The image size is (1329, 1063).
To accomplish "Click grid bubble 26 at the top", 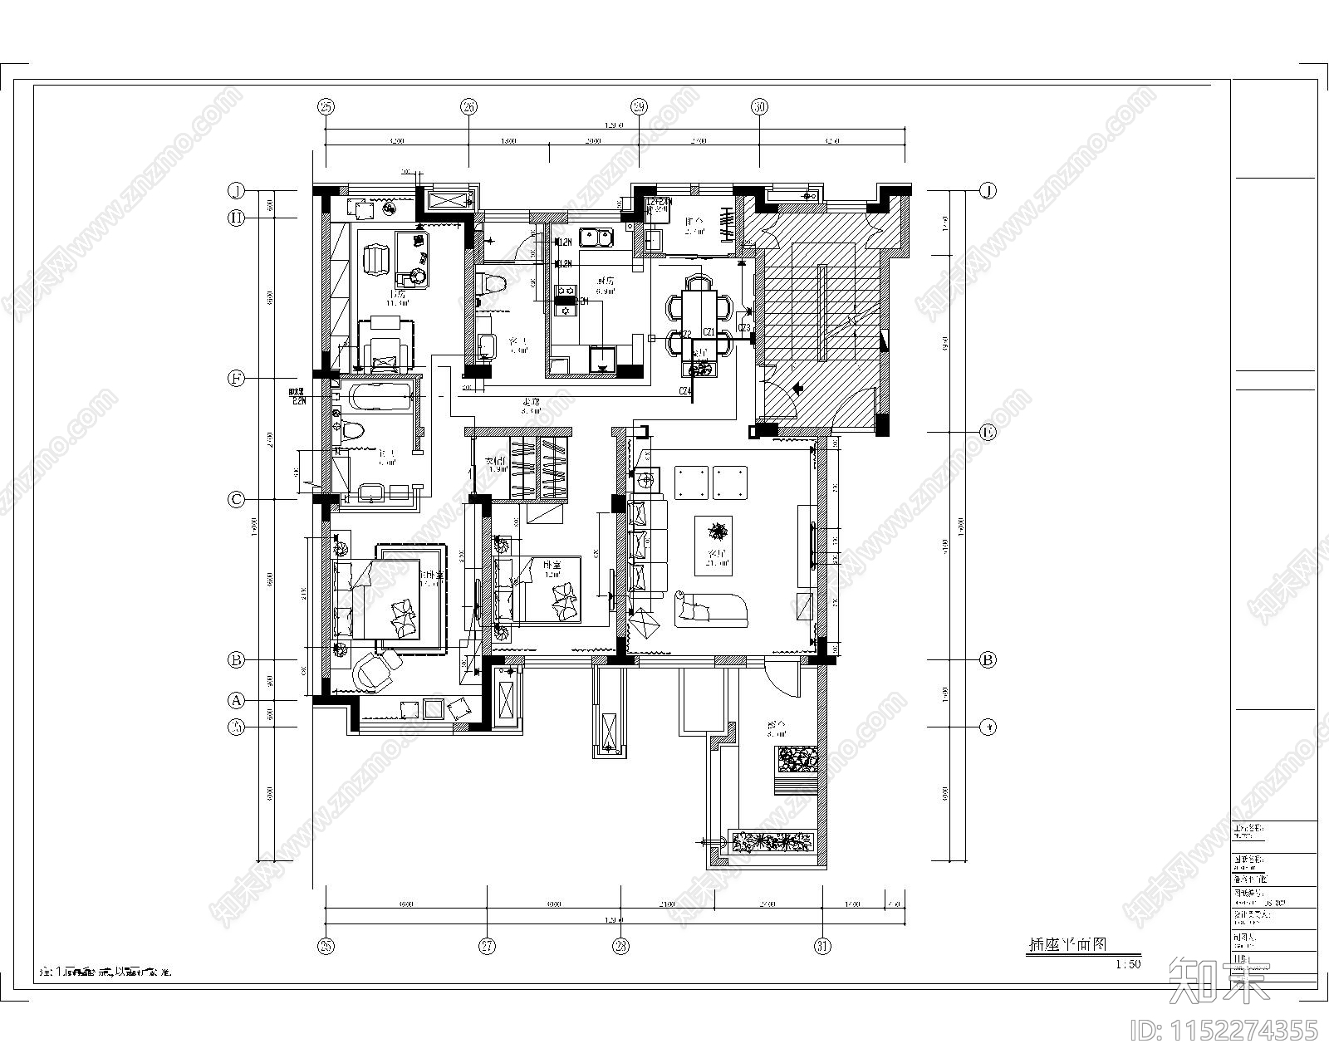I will tap(469, 106).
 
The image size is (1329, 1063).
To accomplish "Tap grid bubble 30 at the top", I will tap(759, 106).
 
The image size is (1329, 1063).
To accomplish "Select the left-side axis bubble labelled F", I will tap(237, 379).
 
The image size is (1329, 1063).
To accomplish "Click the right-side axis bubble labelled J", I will tap(988, 190).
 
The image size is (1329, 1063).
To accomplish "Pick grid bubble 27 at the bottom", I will tap(488, 946).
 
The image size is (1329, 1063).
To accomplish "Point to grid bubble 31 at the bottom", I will tap(822, 946).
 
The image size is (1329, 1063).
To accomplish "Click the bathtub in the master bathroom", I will tap(379, 396).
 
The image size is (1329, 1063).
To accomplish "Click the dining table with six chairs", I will tap(699, 309).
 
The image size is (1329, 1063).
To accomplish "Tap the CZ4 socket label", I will tap(685, 391).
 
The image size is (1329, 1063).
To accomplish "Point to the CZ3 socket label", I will tap(744, 329).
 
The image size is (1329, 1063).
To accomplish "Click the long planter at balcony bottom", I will tap(773, 842).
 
